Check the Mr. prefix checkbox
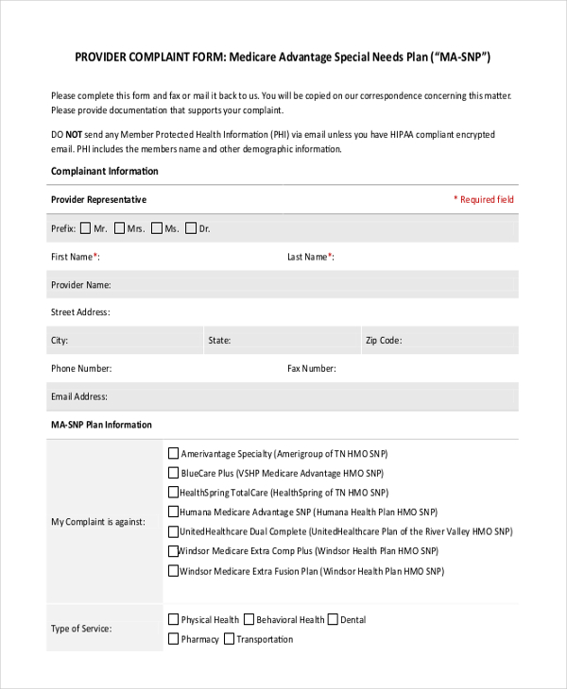coord(86,227)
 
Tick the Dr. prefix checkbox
coord(191,227)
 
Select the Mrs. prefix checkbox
coord(119,227)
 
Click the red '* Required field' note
coord(484,199)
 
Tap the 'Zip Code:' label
coord(384,341)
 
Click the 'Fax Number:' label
coord(311,369)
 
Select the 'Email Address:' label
coord(78,397)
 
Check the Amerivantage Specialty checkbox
coord(173,453)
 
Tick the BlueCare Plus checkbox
coord(173,473)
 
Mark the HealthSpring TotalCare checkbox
coord(173,493)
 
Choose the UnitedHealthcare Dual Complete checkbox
coord(173,531)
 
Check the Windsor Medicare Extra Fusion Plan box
coord(173,570)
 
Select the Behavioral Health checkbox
coord(249,620)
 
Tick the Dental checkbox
coord(333,620)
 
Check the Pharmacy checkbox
coord(173,639)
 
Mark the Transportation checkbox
coord(229,639)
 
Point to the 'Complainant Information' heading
coord(104,172)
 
